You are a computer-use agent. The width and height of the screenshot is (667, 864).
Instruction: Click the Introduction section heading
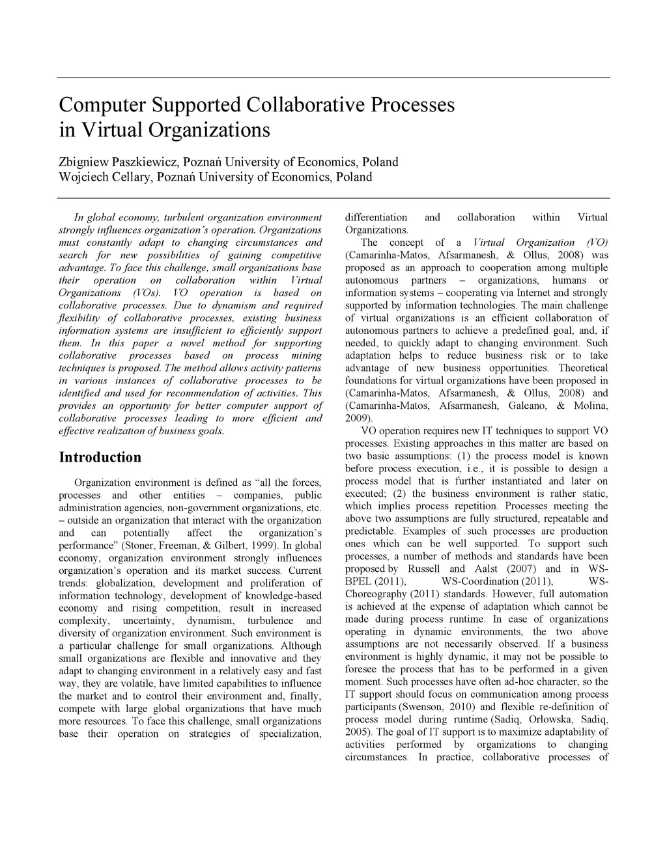click(100, 457)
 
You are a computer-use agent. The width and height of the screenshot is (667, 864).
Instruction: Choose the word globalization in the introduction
click(125, 583)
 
